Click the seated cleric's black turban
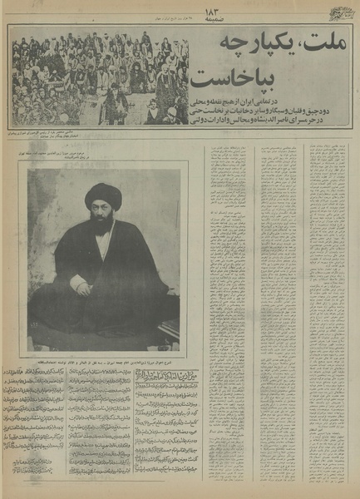tap(102, 196)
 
